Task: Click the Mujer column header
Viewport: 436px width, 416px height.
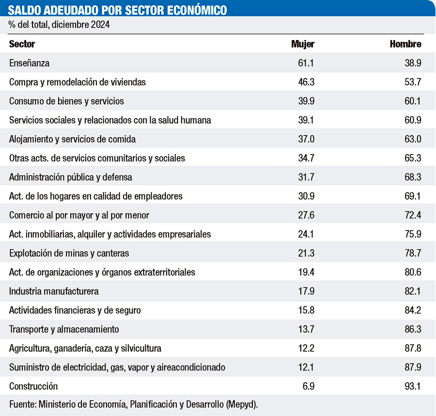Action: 303,44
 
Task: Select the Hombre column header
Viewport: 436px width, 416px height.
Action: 405,44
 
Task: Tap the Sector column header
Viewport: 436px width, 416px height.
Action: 22,44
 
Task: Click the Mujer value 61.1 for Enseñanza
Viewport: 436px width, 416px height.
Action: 306,63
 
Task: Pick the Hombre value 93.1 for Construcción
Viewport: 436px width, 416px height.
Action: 412,386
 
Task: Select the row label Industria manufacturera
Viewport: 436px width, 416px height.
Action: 54,292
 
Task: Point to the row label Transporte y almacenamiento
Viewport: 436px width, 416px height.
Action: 64,329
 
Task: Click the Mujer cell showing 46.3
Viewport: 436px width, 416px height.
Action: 306,82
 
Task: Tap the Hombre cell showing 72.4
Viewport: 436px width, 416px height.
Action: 412,215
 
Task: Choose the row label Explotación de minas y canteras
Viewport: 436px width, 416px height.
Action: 69,253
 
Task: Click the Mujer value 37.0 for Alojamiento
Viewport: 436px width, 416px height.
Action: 306,139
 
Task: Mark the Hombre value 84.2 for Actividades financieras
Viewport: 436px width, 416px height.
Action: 412,310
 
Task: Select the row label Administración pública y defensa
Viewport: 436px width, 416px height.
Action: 71,177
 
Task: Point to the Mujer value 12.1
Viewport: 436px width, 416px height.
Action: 306,368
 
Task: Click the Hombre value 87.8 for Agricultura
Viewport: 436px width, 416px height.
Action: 412,348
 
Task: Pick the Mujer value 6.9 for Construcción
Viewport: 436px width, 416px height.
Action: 309,386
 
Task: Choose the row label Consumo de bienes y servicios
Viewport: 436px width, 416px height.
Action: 67,101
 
